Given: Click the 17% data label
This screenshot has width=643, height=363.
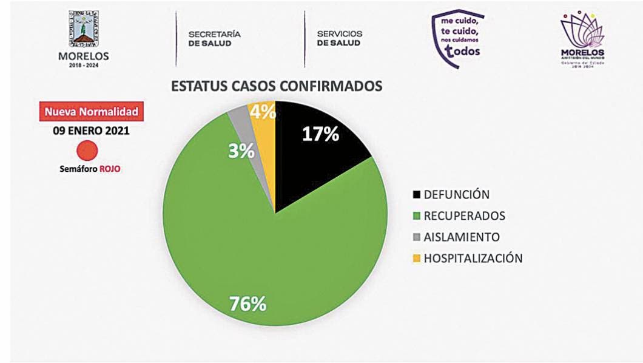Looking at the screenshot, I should pos(320,134).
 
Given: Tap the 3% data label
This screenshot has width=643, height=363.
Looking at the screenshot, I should pos(241,151).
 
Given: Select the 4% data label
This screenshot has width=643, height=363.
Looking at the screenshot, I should pos(263,112).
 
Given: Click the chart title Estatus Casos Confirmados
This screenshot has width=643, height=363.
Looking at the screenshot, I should pos(277,86).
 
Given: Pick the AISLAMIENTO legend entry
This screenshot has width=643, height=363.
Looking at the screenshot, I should pos(456,237).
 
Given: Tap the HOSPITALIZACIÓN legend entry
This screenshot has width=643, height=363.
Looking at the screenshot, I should pos(467,258).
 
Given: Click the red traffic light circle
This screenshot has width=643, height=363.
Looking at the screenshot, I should pos(88,151).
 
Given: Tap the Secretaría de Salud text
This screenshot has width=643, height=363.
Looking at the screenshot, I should pos(214,38).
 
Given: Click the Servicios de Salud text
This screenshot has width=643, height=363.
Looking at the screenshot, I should pos(339,38).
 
